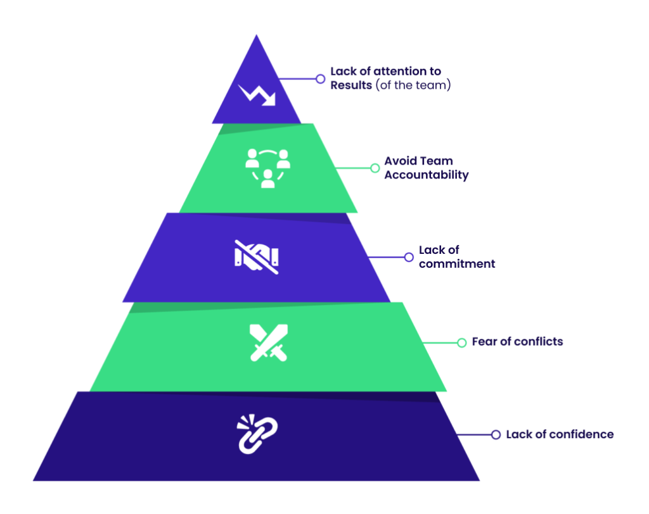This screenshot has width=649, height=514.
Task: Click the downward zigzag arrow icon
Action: click(257, 94)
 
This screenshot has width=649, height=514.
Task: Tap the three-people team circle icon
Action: click(267, 167)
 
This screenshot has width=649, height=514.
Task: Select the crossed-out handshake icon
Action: click(257, 256)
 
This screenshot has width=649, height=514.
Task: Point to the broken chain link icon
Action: click(257, 434)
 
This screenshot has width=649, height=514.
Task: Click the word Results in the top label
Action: click(351, 85)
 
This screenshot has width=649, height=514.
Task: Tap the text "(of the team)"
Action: click(413, 85)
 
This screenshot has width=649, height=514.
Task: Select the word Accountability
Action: click(426, 175)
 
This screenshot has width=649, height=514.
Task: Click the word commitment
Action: click(457, 264)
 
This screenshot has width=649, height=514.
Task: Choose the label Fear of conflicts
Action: click(517, 342)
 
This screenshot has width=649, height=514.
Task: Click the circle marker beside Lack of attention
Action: click(320, 78)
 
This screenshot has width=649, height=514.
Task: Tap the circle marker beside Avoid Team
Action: click(375, 168)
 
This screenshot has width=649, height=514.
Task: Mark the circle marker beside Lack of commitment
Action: click(409, 257)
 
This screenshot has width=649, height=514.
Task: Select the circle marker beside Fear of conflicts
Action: click(461, 342)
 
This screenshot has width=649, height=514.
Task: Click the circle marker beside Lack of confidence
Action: click(496, 435)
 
